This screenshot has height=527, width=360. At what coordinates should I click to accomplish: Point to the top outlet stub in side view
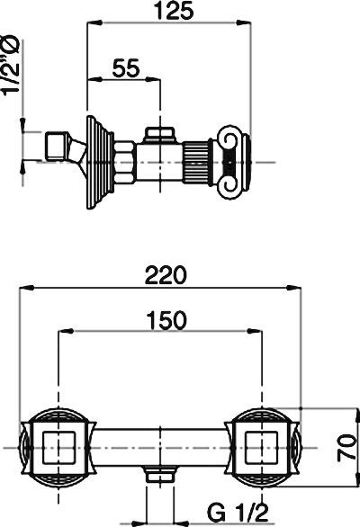coord(159,136)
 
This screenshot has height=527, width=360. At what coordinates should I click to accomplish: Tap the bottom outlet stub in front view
coord(159,474)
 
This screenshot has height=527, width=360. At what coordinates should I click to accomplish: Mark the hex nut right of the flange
coord(122,162)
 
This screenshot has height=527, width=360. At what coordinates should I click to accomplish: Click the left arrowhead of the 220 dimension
coord(22,288)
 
